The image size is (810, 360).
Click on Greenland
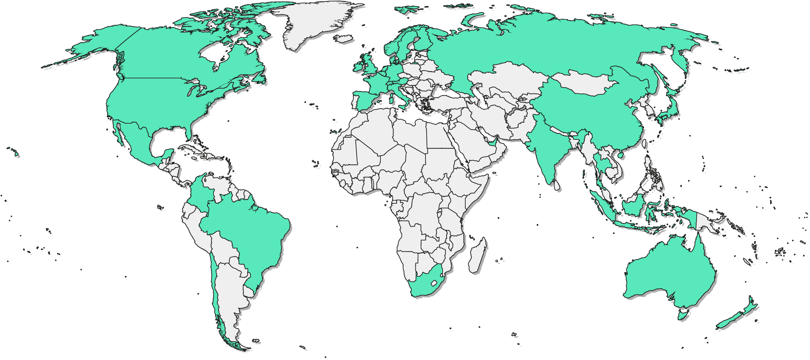(x=316, y=23)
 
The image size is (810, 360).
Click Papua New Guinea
(x=707, y=224)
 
